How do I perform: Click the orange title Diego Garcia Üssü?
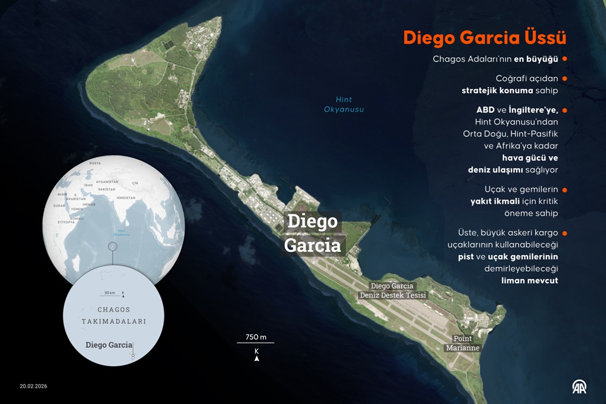click(x=484, y=38)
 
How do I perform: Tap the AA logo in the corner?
click(x=579, y=386)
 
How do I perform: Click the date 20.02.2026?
click(x=34, y=386)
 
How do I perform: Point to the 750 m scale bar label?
click(x=256, y=337)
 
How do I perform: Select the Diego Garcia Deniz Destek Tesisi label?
click(x=393, y=290)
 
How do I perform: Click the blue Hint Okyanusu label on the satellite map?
click(x=344, y=104)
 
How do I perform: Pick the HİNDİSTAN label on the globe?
click(x=126, y=198)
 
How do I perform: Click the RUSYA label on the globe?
click(x=95, y=163)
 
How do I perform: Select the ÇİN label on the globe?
click(x=135, y=183)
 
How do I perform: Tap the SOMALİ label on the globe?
click(x=77, y=218)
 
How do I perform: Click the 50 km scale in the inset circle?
click(x=109, y=293)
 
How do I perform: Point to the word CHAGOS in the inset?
click(x=114, y=310)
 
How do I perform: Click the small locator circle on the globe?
click(x=113, y=247)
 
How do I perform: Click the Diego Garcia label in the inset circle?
click(x=108, y=345)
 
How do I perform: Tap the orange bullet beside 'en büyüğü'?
click(x=564, y=58)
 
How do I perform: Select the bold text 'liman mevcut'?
click(x=529, y=280)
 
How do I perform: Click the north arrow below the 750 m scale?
click(x=256, y=357)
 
